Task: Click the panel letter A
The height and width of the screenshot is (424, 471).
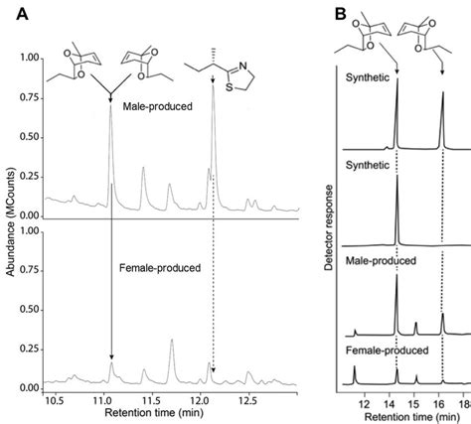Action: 13,13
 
